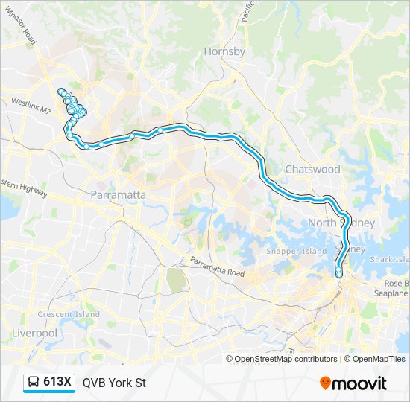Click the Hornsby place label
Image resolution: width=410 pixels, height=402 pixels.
(224, 51)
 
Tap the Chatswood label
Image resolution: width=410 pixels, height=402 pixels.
(312, 169)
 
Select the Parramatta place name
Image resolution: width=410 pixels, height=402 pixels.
(118, 194)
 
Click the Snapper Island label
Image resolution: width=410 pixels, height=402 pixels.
(297, 251)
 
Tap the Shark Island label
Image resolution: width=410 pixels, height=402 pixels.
(391, 259)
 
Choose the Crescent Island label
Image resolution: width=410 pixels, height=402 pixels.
(69, 314)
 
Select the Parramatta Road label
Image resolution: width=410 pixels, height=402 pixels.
(217, 268)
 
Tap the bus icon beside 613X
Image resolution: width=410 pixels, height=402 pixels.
(34, 383)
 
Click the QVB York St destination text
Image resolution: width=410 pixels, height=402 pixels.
(114, 383)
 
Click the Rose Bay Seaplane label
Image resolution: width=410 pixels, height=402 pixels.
(396, 289)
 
